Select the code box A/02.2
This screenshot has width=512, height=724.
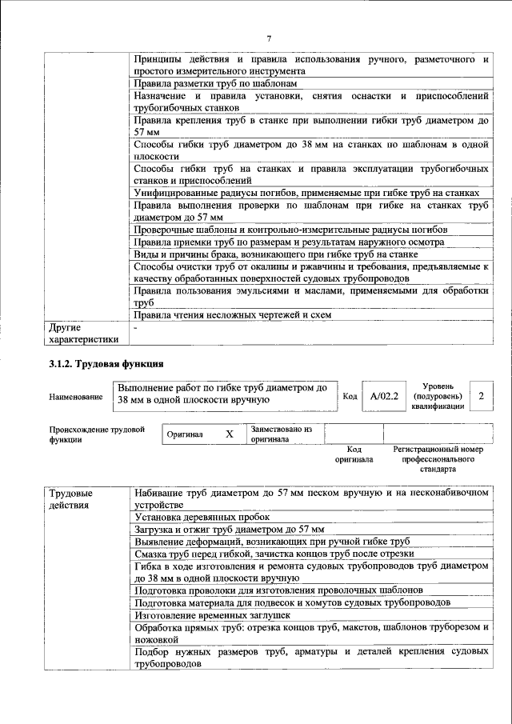tap(384, 396)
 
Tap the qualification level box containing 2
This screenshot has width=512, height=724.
tap(480, 396)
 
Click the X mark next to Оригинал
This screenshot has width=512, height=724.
tap(230, 434)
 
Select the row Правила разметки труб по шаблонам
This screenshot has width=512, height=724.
tap(216, 83)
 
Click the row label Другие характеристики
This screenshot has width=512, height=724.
tap(83, 333)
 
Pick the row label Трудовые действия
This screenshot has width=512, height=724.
tap(70, 499)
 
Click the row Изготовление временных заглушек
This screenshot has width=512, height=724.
tap(212, 615)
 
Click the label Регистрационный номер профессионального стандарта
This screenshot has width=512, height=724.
tap(439, 461)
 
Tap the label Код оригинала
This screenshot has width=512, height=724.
tap(354, 455)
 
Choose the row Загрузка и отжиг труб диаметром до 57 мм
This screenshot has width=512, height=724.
tap(229, 530)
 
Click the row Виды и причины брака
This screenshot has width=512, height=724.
tap(276, 254)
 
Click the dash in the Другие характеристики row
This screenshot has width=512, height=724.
tap(136, 327)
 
